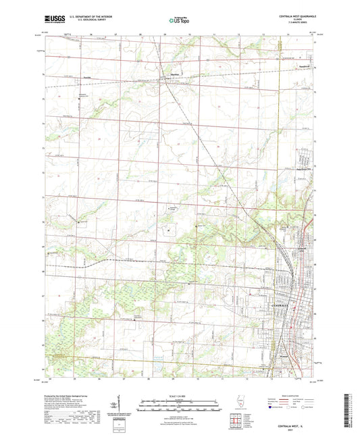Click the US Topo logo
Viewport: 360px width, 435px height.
[179, 20]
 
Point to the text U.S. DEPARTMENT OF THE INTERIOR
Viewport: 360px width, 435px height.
[91, 16]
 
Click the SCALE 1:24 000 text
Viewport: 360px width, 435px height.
[180, 394]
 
